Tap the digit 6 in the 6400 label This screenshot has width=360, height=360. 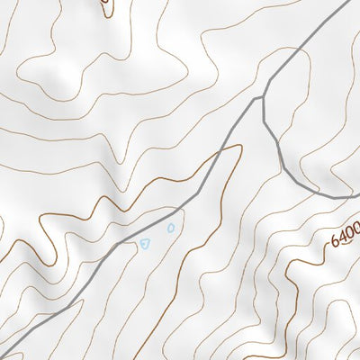point(336,240)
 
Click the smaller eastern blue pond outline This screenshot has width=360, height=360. point(171,227)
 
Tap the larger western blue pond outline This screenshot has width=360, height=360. point(143,243)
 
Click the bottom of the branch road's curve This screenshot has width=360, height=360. point(315,191)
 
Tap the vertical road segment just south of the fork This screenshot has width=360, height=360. point(264,112)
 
